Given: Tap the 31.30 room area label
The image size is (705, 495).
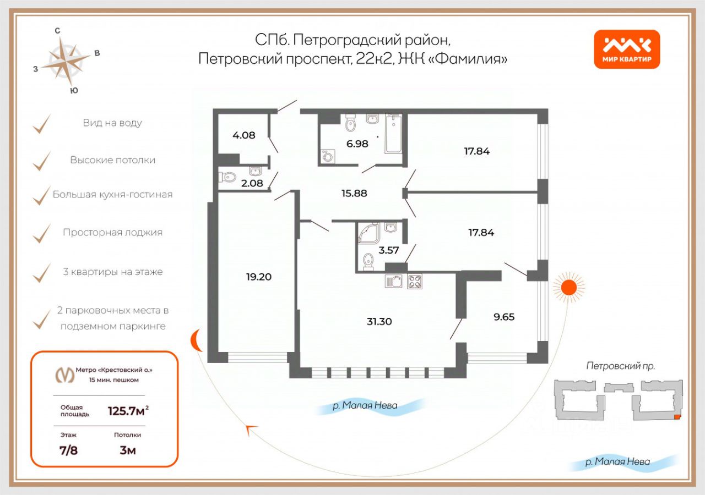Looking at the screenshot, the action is [379, 322].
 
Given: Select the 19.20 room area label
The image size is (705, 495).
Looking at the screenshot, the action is [259, 277].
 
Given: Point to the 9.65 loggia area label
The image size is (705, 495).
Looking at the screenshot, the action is [504, 317].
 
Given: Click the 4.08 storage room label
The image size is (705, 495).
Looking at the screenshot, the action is [244, 135].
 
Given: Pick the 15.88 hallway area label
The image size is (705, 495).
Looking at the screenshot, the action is [354, 193].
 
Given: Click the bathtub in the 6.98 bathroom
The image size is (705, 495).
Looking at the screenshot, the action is [393, 134].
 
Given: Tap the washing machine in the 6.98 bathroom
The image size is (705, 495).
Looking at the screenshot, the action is [327, 156].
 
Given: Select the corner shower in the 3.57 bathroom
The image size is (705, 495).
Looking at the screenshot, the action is [369, 233].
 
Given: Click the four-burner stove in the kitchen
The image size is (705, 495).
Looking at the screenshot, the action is [415, 281].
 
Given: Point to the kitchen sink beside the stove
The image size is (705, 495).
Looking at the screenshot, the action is [393, 281].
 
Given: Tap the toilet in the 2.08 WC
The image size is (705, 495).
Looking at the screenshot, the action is [227, 177].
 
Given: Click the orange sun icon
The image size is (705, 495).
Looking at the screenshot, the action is [569, 287].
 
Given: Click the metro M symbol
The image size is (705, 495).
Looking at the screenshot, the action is [65, 375].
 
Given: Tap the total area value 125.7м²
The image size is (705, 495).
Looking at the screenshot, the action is [128, 411].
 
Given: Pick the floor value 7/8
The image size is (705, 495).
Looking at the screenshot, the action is [69, 450].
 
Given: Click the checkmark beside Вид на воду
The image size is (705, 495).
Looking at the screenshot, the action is [41, 124].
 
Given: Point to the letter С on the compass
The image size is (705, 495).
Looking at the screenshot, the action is [57, 31].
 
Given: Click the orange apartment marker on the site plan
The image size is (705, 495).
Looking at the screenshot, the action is [677, 417].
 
